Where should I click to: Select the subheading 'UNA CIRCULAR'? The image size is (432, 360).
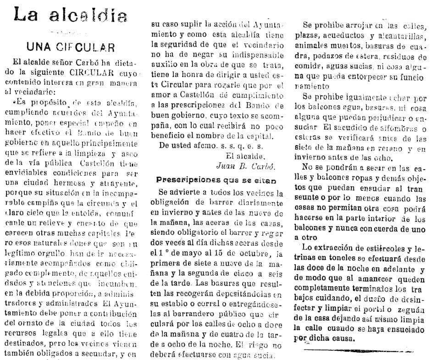point(70,47)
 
